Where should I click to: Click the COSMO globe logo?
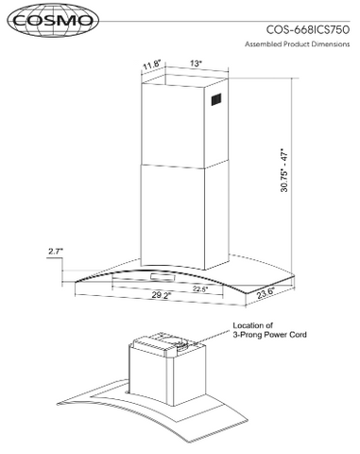point(53,21)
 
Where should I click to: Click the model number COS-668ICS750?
point(308,29)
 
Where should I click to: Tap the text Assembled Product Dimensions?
point(298,44)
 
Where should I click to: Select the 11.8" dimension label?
point(152,66)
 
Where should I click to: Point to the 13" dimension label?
point(196,63)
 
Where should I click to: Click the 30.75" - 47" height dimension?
point(284,170)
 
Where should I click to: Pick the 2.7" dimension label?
point(56,252)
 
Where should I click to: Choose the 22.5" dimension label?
point(200,288)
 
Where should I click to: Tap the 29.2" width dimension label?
point(162,295)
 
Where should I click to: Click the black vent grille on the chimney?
point(216,100)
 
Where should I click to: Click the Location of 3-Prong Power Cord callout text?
point(269,330)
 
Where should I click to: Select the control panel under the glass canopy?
point(163,277)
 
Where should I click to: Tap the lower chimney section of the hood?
point(185,216)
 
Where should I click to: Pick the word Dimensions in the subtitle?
point(331,44)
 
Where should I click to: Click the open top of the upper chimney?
point(185,80)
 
